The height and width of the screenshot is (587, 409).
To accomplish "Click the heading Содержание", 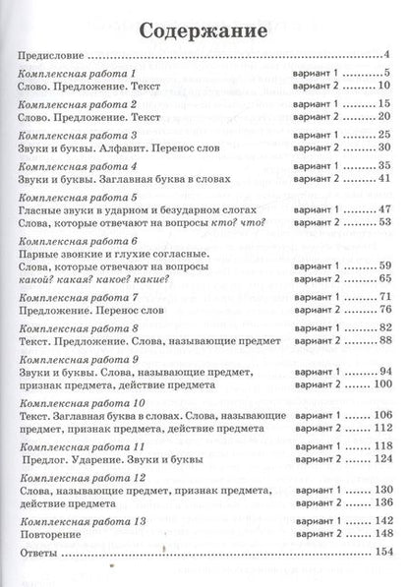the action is click(x=204, y=29).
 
